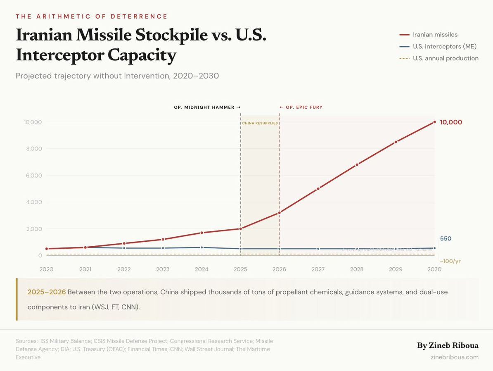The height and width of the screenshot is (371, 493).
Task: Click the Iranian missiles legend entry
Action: (435, 35)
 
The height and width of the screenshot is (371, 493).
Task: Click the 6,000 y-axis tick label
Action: (33, 176)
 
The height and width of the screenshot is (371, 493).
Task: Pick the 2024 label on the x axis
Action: (201, 269)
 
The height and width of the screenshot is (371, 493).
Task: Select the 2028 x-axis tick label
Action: (357, 269)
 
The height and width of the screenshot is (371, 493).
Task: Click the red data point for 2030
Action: (434, 122)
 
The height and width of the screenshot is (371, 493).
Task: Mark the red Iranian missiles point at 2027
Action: (318, 188)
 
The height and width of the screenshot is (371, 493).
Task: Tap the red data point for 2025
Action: (240, 228)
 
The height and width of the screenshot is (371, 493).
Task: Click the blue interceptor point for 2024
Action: (201, 247)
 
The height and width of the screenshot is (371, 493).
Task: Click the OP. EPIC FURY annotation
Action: (301, 107)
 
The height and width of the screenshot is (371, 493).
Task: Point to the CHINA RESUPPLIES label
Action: (260, 123)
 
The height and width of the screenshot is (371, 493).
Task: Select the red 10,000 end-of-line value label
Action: (451, 122)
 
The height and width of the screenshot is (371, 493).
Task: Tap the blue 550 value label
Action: (446, 239)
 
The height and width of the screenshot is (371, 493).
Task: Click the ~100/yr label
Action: (450, 261)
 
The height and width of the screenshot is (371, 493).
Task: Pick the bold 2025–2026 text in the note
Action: (47, 292)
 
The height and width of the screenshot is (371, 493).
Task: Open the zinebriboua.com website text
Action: (454, 357)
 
